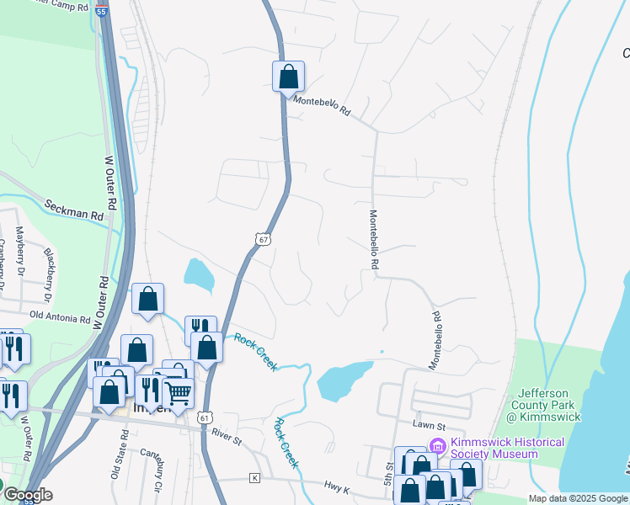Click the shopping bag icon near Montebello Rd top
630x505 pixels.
coord(288,77)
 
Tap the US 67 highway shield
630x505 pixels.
coord(263,240)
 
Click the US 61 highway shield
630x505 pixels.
coord(206,417)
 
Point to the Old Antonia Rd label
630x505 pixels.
coord(59,318)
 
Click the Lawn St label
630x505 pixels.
coord(428,426)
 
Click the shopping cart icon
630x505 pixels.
coord(179,392)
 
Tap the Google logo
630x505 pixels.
coord(27,495)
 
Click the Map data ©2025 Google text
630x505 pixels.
coord(577,498)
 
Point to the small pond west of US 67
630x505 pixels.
coord(199,272)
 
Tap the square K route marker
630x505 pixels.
coord(254,478)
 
